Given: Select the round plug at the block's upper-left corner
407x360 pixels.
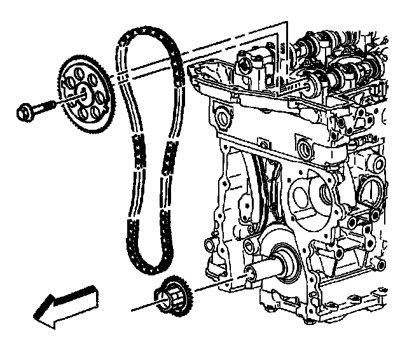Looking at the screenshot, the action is click(x=223, y=118).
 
